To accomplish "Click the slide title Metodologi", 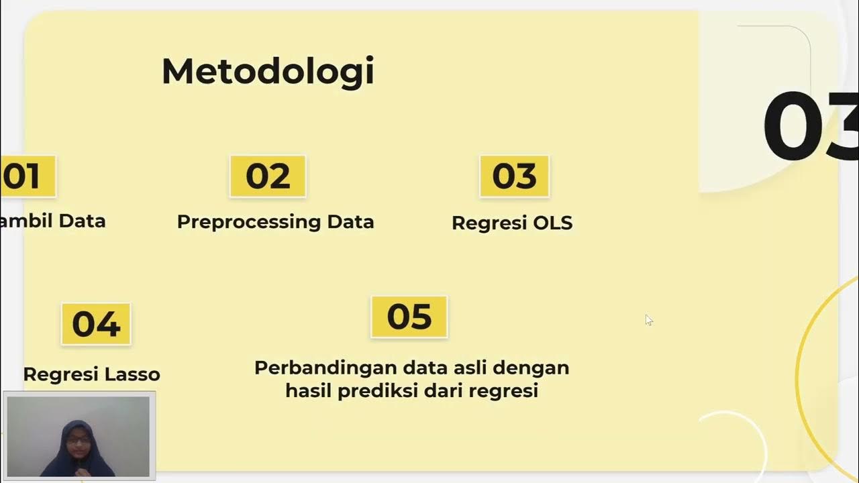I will coord(267,72).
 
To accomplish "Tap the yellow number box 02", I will coord(268,176).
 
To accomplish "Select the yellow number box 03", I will coord(514,176).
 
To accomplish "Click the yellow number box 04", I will coord(96,324).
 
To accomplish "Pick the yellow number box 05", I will coord(409,317).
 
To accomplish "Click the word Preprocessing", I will coord(248,222).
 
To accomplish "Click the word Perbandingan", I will coord(326,368).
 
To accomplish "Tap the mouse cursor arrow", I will coord(648,320).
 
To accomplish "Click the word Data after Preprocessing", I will coord(350,222).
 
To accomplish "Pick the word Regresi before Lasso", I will coord(58,374).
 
